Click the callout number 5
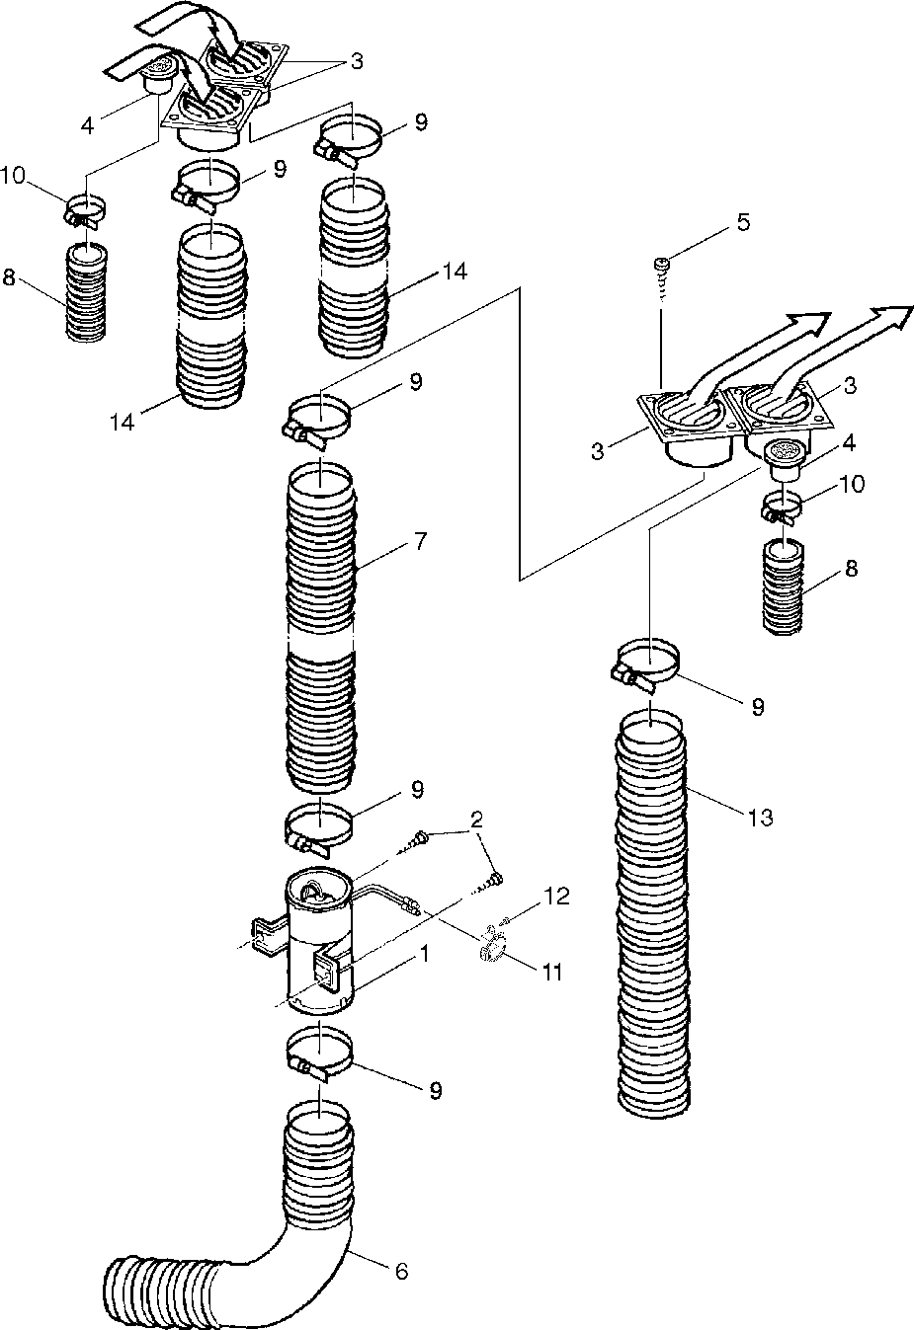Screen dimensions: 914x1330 tap(743, 222)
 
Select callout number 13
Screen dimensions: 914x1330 tap(761, 817)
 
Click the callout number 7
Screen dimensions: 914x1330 tap(420, 541)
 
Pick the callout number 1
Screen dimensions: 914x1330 tap(424, 954)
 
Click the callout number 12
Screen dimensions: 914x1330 tap(556, 896)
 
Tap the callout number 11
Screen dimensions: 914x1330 tap(552, 973)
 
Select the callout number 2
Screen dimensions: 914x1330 tap(475, 820)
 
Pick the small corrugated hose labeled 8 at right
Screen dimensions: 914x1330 tap(785, 587)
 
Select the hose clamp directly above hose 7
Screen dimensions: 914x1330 tap(318, 424)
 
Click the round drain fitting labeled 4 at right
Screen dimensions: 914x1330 tap(784, 457)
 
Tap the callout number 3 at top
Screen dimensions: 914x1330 tap(356, 60)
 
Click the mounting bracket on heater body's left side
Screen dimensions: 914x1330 tap(268, 938)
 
